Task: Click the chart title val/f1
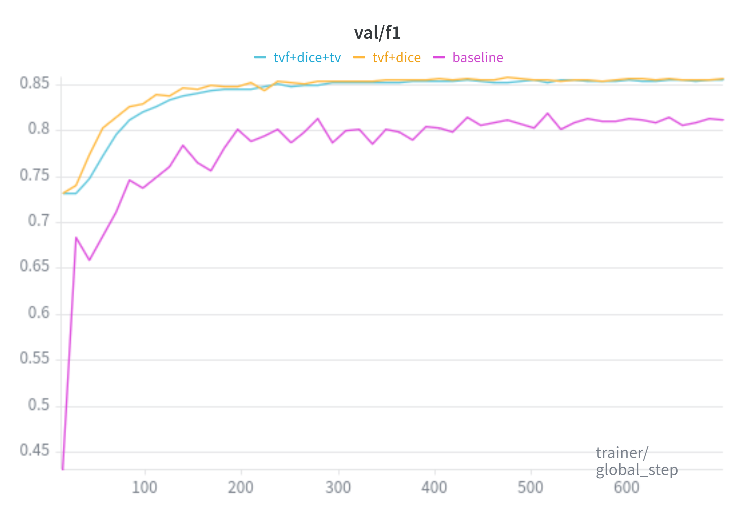click(377, 33)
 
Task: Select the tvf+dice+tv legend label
click(307, 58)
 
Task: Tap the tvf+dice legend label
click(396, 58)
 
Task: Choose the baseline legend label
click(477, 58)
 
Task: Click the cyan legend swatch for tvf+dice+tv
click(260, 57)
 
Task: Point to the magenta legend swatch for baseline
click(439, 57)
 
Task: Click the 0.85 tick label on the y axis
click(34, 83)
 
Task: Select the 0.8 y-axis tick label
click(39, 129)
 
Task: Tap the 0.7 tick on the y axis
click(39, 221)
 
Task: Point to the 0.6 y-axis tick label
click(39, 313)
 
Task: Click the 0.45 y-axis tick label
click(34, 450)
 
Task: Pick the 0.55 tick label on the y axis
click(34, 358)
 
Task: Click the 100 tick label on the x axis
click(144, 488)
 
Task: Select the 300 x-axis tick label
click(338, 488)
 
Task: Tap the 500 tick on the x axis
click(530, 488)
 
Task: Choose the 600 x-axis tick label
click(627, 488)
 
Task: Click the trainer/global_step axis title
click(636, 461)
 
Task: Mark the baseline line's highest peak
click(547, 113)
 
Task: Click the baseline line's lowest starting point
click(63, 468)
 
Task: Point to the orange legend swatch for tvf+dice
click(359, 57)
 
